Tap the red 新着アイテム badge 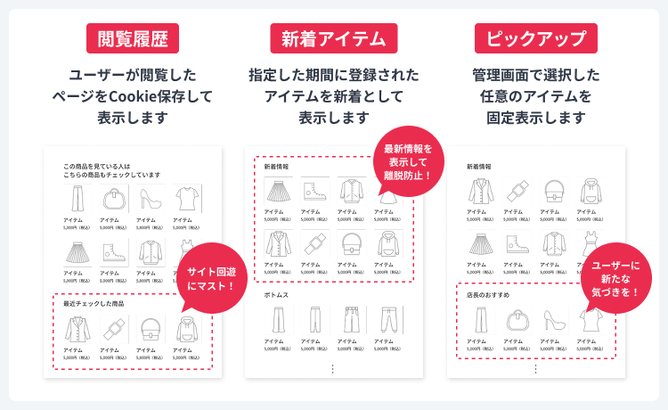click(333, 38)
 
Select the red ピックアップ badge click(535, 38)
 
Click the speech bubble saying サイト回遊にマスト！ click(211, 279)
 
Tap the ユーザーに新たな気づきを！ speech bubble click(615, 279)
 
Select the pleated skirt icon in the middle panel click(278, 191)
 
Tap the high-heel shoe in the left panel click(149, 196)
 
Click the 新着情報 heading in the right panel click(479, 167)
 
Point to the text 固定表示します click(535, 117)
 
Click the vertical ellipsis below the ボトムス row click(332, 368)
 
